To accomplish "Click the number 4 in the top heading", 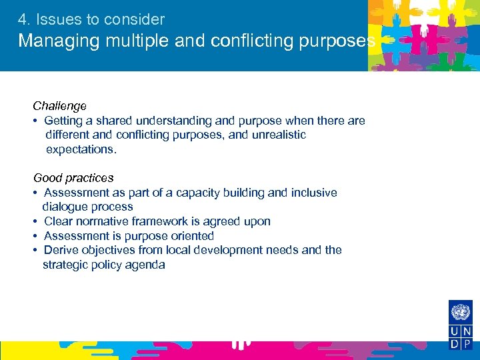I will (23, 19).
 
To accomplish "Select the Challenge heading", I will (60, 106).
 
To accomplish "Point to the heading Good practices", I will (74, 178).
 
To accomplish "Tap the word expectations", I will (81, 149).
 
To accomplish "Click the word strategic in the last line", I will (66, 265).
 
